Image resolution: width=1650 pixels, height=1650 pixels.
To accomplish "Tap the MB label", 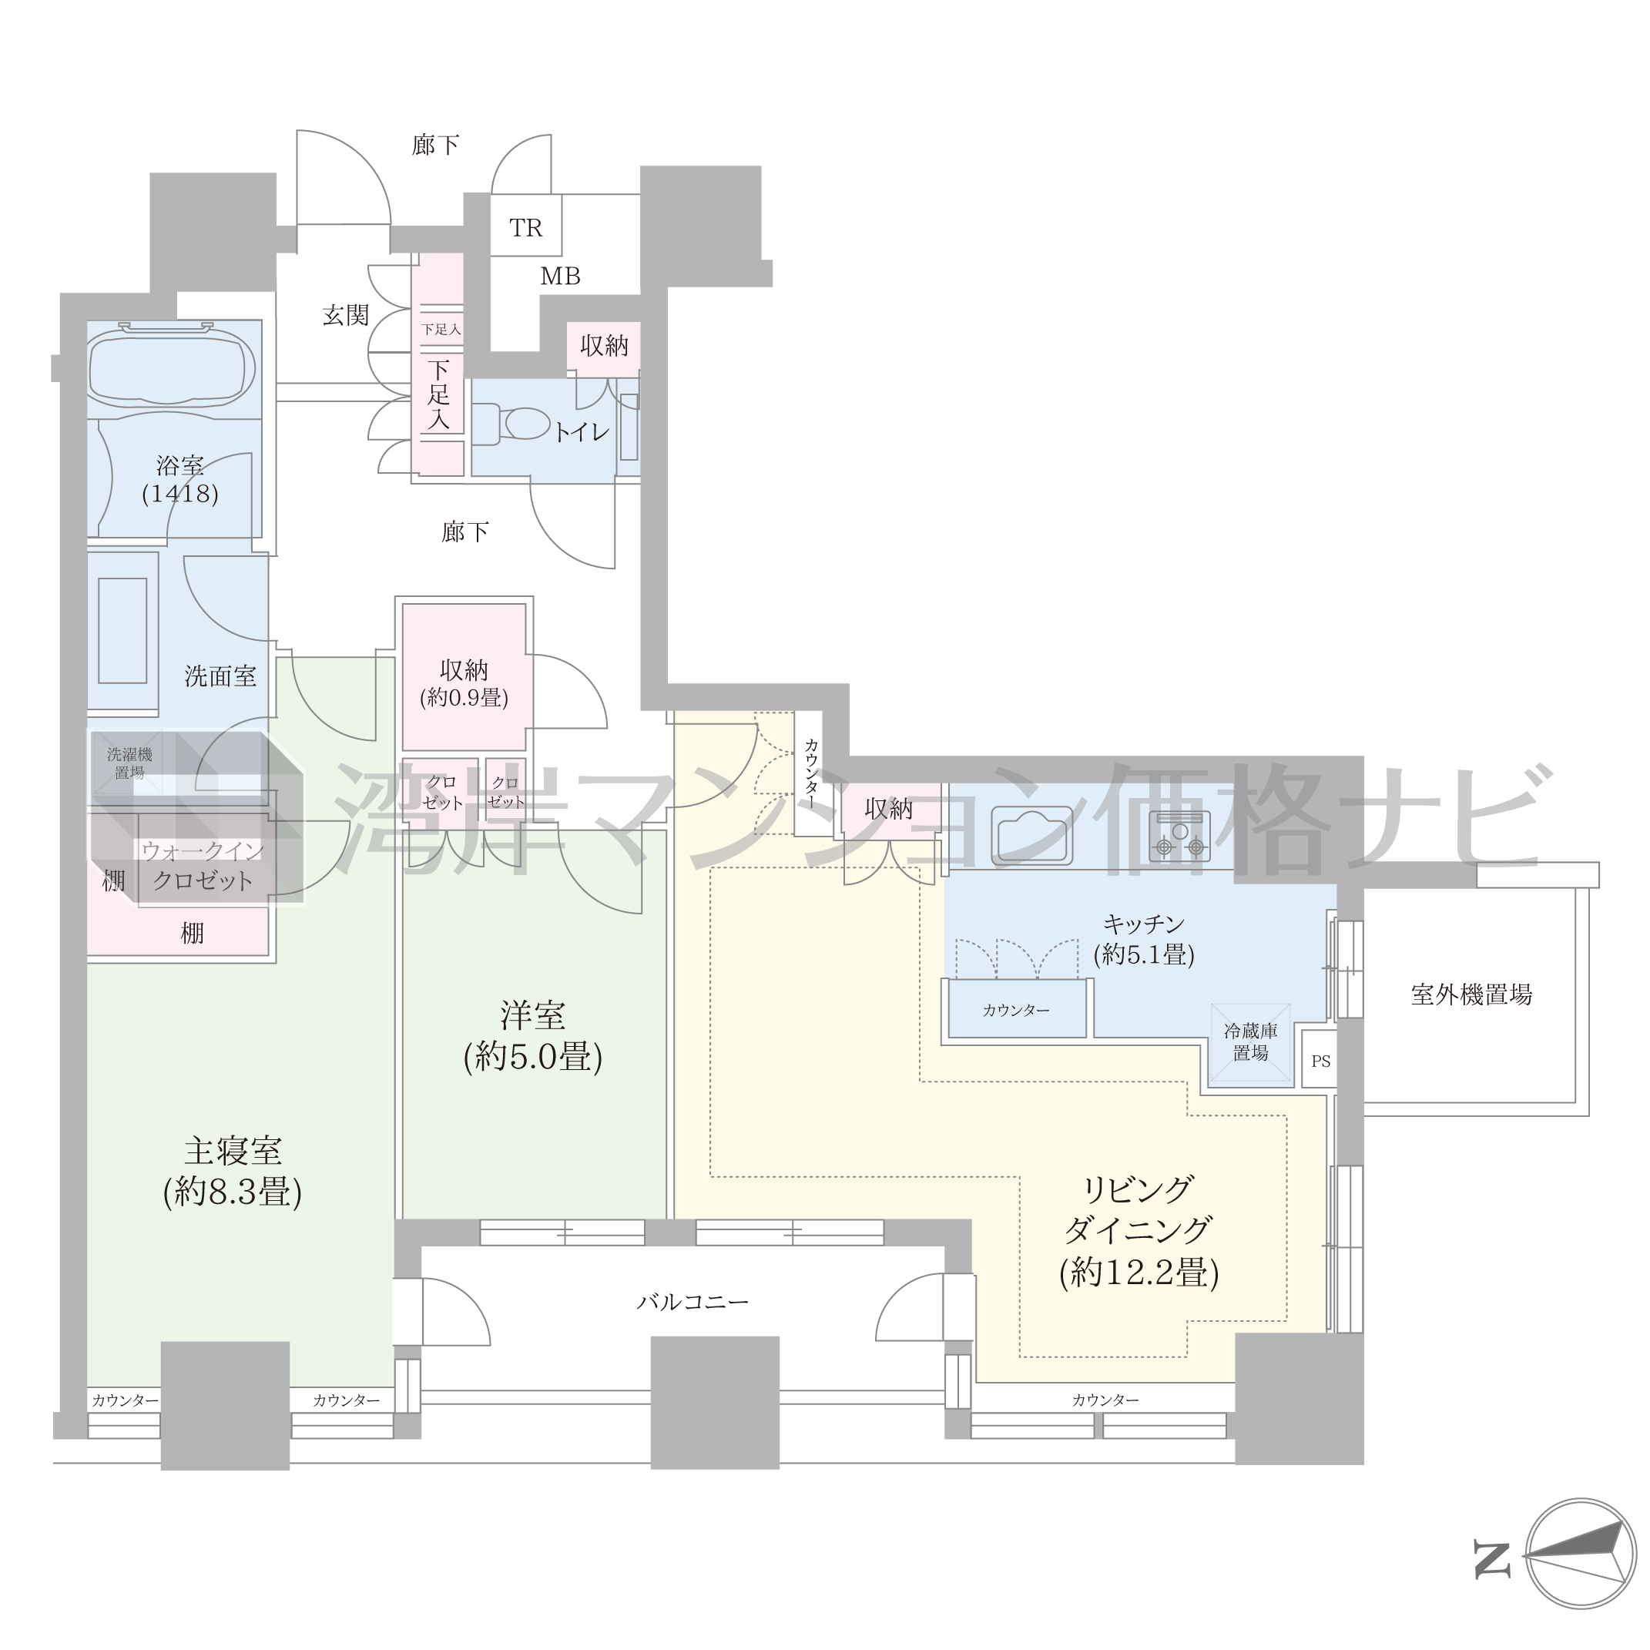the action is [560, 276].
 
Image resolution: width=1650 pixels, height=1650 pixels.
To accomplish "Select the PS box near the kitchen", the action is [1320, 1061].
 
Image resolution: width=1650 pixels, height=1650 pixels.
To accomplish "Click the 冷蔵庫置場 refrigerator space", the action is [1250, 1043].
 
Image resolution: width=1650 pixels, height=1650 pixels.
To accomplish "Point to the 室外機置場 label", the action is [1471, 995].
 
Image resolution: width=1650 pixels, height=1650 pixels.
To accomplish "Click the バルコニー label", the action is [693, 1303].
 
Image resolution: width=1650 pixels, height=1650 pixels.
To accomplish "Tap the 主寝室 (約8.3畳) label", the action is [233, 1171].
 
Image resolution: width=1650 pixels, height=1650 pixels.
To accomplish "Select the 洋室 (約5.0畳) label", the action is [533, 1036].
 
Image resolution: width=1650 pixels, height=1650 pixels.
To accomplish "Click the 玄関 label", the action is [346, 315].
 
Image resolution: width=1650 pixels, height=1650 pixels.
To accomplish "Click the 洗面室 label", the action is [220, 676].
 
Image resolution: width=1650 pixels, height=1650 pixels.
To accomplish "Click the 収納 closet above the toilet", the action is [604, 347].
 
